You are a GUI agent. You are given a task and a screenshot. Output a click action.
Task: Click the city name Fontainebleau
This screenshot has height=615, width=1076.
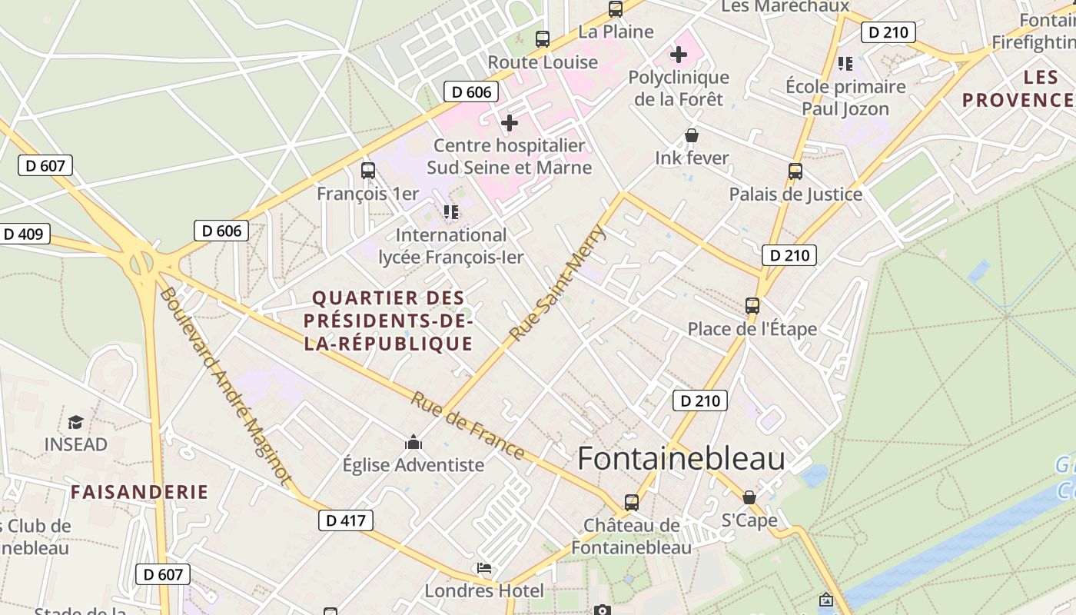point(681,459)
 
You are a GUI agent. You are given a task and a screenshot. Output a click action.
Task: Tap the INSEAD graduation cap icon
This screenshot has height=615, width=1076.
point(75,422)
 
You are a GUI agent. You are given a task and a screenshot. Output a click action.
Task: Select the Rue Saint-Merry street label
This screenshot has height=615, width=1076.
point(558,283)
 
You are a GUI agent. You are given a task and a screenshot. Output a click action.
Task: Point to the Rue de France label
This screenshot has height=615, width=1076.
point(467,426)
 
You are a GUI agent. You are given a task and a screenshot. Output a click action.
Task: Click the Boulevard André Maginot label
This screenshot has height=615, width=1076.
point(225,387)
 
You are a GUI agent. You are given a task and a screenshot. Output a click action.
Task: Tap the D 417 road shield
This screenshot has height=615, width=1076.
point(345,520)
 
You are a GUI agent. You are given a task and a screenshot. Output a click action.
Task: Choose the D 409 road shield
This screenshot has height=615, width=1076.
point(23,234)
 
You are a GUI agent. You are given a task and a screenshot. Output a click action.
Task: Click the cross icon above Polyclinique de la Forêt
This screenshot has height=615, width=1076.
point(679,55)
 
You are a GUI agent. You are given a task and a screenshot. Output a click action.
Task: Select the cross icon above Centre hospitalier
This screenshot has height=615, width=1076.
point(509,123)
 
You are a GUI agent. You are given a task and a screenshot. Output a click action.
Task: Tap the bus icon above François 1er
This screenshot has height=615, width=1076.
point(368,171)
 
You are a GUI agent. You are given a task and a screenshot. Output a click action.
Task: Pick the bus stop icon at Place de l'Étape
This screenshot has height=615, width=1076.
point(752,306)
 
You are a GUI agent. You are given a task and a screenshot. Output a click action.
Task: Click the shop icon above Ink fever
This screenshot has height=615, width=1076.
point(692,136)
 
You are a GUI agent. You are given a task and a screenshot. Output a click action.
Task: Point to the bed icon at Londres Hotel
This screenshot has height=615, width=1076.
point(484,569)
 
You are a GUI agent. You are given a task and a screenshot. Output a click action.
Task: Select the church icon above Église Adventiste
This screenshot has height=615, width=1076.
point(413,443)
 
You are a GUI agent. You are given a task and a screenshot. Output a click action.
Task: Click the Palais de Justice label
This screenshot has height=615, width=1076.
point(795,194)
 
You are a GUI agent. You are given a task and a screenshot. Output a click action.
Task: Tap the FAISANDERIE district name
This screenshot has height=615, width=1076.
point(140,492)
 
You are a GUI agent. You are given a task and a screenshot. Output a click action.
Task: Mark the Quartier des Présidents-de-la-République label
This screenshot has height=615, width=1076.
point(388,321)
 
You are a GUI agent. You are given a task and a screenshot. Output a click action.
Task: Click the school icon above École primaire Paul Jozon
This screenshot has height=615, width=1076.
point(845,64)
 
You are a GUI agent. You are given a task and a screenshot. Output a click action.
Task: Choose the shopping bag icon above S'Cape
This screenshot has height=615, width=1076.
point(749,498)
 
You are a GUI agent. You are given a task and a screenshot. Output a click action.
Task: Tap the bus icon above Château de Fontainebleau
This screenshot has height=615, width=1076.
point(632,503)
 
